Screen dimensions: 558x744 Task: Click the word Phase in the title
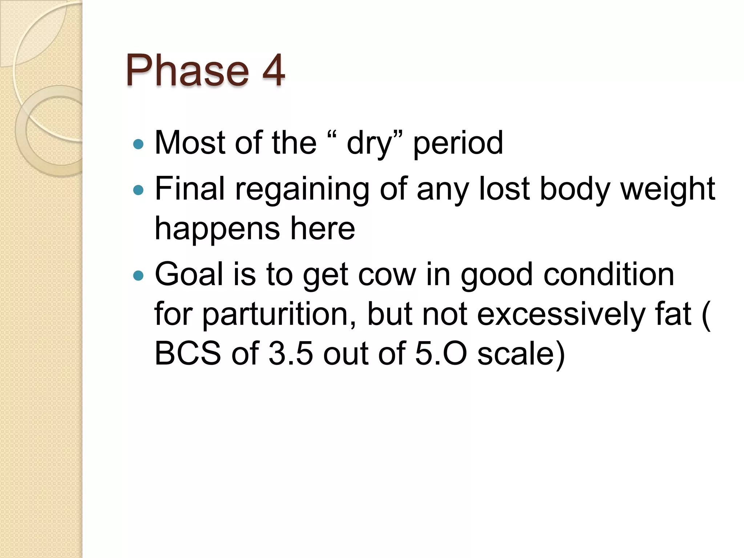click(187, 70)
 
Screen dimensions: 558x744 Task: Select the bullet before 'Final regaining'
click(138, 190)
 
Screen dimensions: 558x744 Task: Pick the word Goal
click(189, 275)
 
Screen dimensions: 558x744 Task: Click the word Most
click(190, 143)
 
